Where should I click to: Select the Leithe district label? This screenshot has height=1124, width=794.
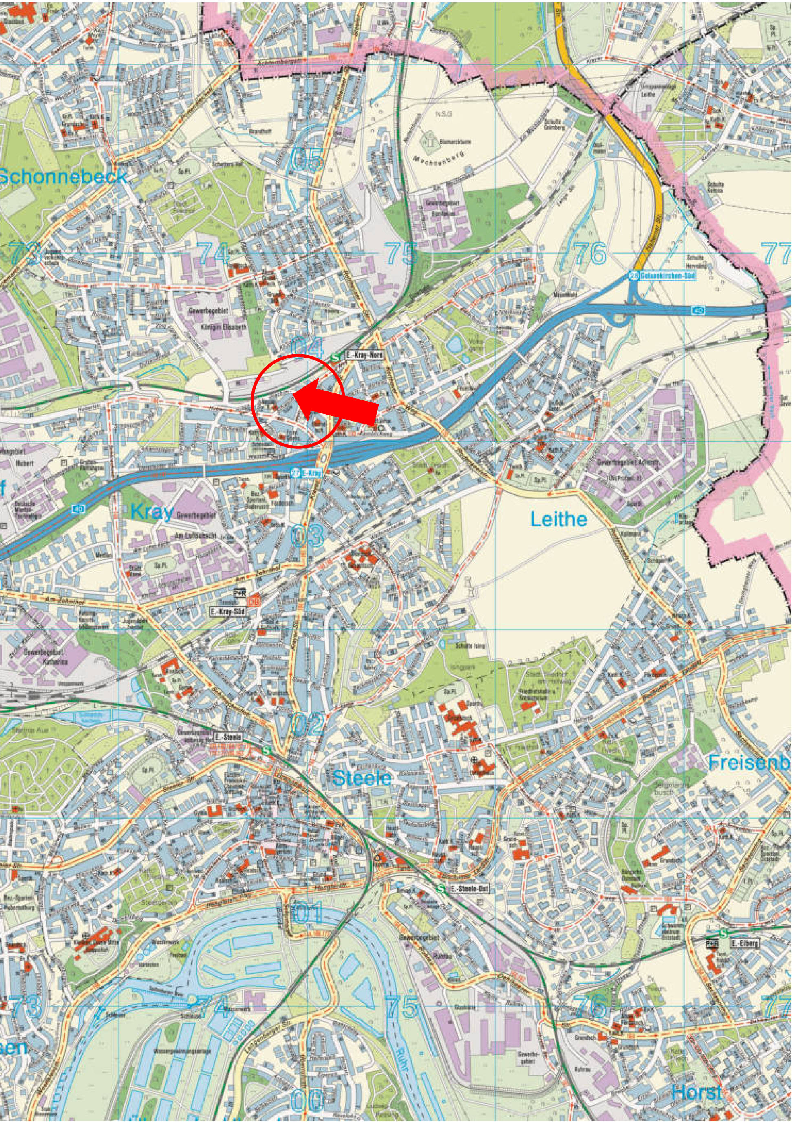[x=558, y=519]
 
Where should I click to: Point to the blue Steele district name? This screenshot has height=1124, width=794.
[x=362, y=777]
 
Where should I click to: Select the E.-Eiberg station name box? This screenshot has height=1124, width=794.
[x=743, y=943]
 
